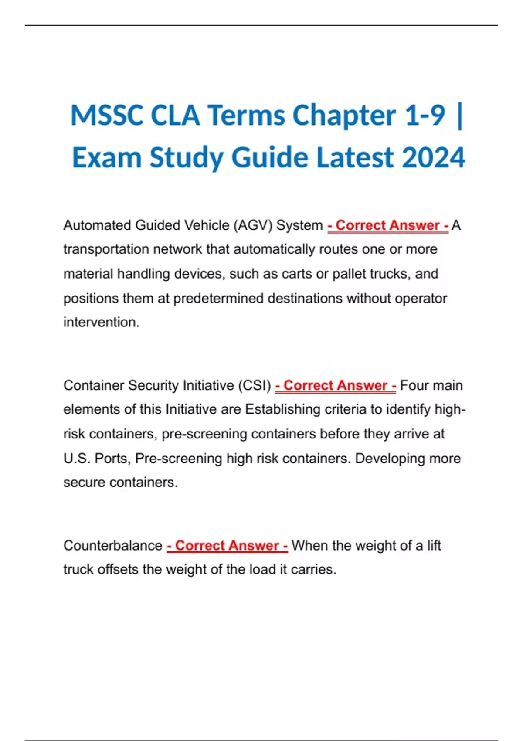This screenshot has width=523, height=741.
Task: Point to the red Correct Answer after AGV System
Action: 388,225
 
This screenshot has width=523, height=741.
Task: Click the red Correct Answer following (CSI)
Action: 336,386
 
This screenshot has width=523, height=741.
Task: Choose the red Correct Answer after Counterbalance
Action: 227,546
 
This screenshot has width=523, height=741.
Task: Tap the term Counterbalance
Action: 112,546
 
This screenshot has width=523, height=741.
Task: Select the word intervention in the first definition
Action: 101,322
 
